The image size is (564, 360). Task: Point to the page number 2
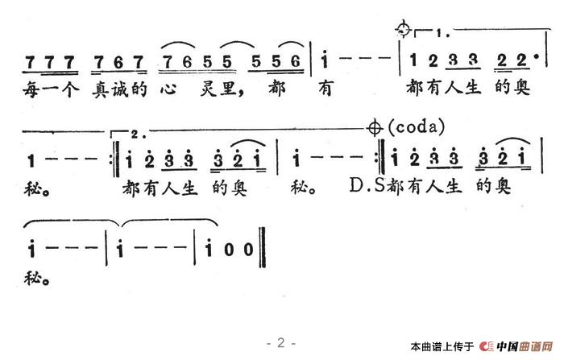pyautogui.click(x=281, y=342)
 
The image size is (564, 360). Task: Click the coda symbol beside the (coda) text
pyautogui.click(x=374, y=126)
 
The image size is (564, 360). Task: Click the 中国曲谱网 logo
pyautogui.click(x=520, y=346)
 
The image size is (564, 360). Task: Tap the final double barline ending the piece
pyautogui.click(x=262, y=246)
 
